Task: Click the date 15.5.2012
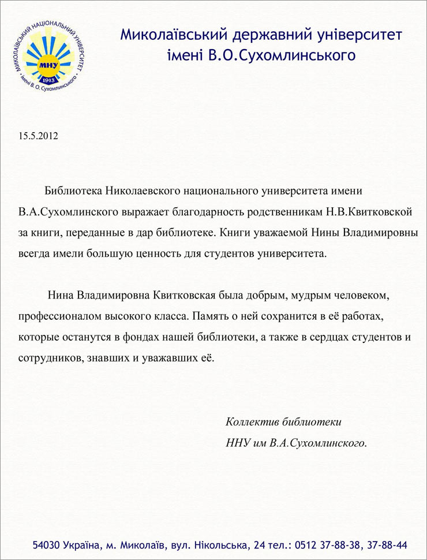pos(39,137)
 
